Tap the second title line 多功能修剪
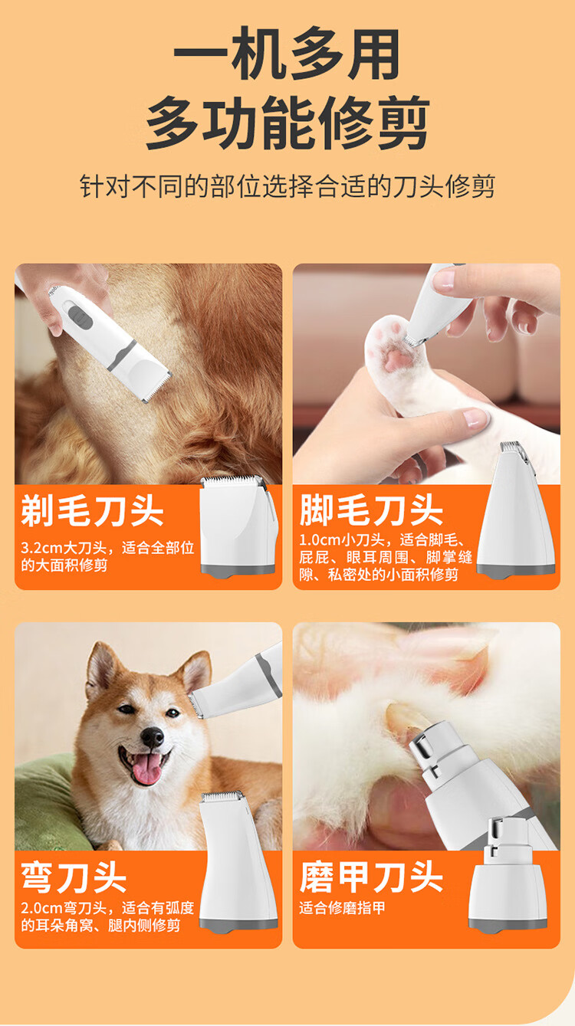pyautogui.click(x=287, y=123)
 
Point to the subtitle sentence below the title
pyautogui.click(x=287, y=186)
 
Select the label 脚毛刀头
pyautogui.click(x=370, y=510)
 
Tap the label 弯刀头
pyautogui.click(x=74, y=877)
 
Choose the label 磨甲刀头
pyautogui.click(x=370, y=877)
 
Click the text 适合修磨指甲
pyautogui.click(x=342, y=908)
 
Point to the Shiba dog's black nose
pyautogui.click(x=152, y=737)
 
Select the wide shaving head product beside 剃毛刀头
pyautogui.click(x=239, y=526)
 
